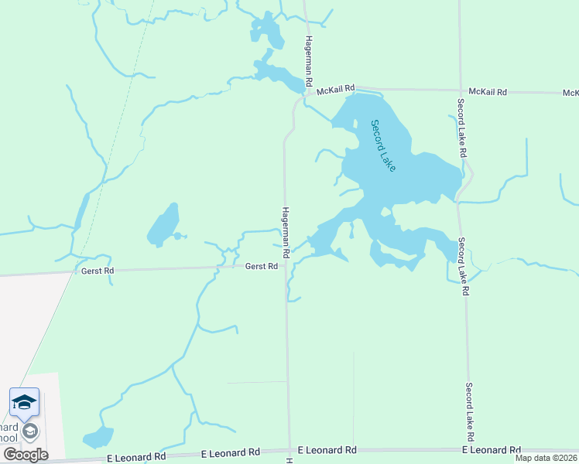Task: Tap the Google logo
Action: (26, 455)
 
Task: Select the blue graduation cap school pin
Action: (24, 402)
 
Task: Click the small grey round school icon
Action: (31, 432)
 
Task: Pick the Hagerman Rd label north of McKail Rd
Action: (308, 60)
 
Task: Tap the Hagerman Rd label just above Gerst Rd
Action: (285, 232)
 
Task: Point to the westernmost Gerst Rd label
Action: (98, 271)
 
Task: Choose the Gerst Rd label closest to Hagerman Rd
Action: (262, 266)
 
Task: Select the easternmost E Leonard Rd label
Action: (491, 449)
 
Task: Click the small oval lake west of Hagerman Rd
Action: (164, 224)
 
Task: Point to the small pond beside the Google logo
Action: (98, 438)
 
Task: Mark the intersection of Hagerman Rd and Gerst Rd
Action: (286, 265)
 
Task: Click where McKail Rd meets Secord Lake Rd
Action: (459, 90)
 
